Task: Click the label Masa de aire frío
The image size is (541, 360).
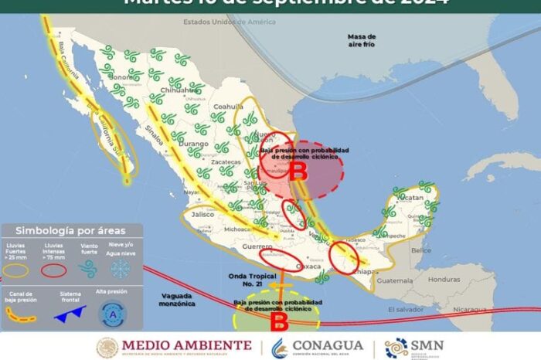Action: click(x=362, y=40)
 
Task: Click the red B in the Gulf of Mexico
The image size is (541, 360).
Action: click(x=298, y=173)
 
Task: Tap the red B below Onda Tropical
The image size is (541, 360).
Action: click(x=282, y=318)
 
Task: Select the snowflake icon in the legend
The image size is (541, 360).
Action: click(x=120, y=268)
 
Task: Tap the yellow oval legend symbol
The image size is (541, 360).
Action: click(x=17, y=270)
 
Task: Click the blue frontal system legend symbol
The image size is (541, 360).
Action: click(x=70, y=313)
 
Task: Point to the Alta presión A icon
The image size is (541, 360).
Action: click(x=113, y=313)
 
